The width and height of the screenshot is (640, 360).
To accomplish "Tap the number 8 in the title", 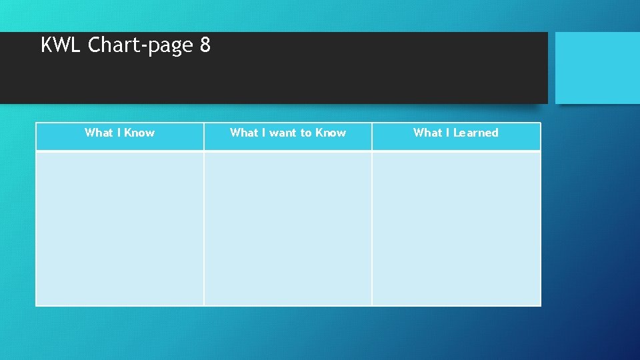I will (205, 45).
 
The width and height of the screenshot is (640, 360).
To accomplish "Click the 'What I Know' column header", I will (119, 133).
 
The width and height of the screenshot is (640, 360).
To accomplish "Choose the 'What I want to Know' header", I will (288, 133).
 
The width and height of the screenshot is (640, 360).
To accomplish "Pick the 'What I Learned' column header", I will (456, 133).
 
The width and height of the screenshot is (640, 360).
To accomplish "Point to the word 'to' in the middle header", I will (306, 133).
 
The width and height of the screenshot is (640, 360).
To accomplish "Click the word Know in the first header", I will (139, 133).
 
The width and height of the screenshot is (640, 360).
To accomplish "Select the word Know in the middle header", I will (331, 133).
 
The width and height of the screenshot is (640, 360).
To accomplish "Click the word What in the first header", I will (99, 133).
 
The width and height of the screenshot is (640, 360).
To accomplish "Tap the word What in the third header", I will (427, 133).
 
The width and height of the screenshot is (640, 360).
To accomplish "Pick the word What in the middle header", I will (244, 133).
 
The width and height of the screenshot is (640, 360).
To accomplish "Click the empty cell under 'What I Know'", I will (119, 228).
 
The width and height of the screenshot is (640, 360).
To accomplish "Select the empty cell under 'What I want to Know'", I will (288, 228).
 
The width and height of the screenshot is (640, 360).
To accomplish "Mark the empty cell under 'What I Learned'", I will (456, 228).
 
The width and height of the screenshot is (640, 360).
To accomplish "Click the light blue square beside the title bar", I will (597, 67).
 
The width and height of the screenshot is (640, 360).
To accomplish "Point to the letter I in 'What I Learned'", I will (448, 133).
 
